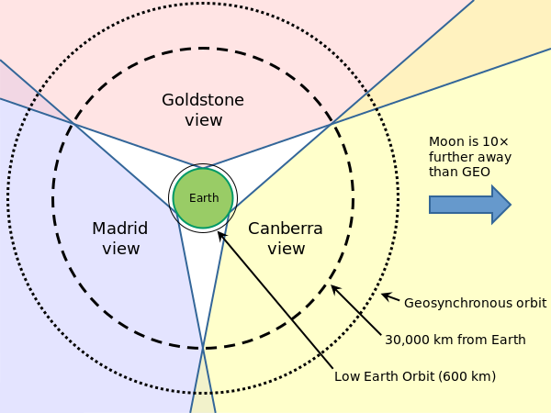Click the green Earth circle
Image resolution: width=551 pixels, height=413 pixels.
point(203,198)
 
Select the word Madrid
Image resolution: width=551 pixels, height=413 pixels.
point(119,228)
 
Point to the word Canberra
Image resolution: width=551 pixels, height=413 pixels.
point(286,229)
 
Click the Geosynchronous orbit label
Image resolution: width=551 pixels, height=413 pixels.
point(476,302)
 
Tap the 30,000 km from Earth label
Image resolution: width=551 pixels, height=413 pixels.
point(455,340)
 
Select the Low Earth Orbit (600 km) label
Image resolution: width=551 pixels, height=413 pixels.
point(415,375)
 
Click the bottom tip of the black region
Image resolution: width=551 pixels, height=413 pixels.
point(203,347)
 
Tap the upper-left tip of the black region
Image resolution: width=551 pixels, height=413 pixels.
point(76,126)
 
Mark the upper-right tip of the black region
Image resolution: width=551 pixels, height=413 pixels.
point(330,124)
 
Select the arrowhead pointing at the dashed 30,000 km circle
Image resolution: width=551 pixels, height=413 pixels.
point(334,288)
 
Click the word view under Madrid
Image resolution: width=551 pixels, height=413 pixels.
point(120,248)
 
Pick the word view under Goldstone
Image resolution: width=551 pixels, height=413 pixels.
point(202,119)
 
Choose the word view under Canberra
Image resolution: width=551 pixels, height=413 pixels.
point(286,248)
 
